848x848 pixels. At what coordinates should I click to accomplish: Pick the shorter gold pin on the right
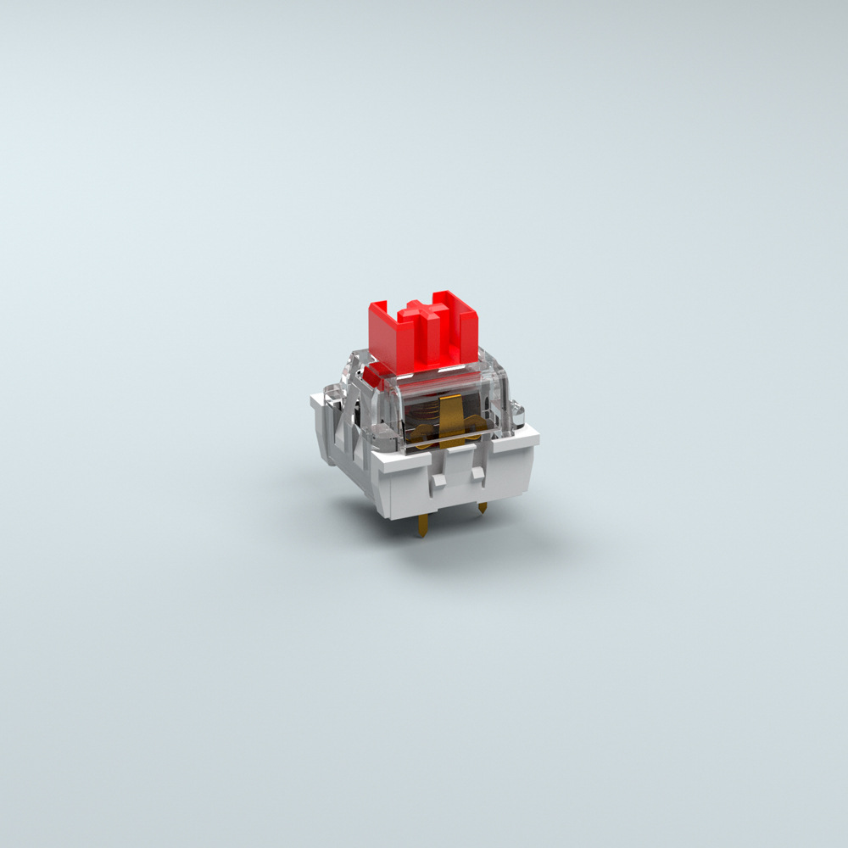pos(483,508)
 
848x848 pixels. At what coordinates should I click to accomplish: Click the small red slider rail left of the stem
pos(374,374)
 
